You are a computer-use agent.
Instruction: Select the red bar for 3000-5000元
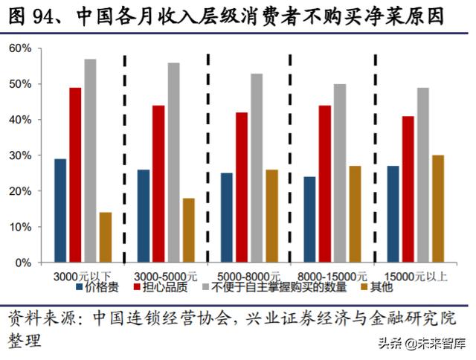159,184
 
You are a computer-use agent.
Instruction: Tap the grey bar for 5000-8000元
257,168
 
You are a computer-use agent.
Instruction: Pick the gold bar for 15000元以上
438,209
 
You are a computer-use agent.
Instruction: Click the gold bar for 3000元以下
105,237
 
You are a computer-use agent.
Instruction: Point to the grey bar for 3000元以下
90,161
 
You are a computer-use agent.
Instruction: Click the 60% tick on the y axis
20,48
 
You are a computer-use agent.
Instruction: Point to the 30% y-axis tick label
20,155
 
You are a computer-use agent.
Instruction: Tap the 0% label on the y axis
23,263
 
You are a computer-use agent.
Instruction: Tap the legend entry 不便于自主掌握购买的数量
279,285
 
